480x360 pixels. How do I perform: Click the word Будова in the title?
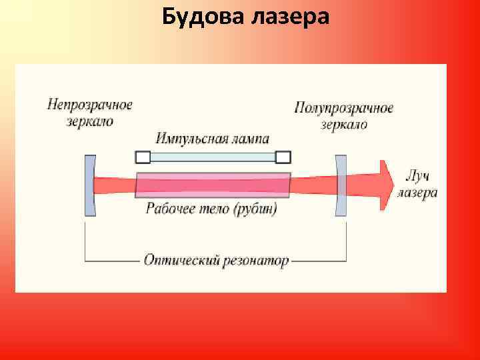coord(203,17)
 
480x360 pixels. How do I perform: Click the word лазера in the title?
coord(290,17)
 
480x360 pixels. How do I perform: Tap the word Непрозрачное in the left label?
coord(90,105)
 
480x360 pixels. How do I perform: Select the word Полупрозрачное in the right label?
coord(343,108)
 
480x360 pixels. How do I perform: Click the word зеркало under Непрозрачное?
coord(90,121)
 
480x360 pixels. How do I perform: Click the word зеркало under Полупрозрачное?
coord(344,124)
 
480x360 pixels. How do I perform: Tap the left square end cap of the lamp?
coord(143,157)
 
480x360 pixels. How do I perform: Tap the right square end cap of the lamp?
coord(283,157)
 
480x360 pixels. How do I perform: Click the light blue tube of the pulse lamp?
coord(213,157)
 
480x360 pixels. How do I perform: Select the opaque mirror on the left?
coord(89,185)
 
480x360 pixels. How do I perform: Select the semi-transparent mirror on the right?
coord(341,185)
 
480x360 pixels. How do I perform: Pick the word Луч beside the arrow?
coord(417,177)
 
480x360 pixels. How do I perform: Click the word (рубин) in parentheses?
coord(255,209)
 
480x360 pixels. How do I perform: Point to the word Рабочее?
coord(170,209)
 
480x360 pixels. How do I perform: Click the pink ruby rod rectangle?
coord(213,185)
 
